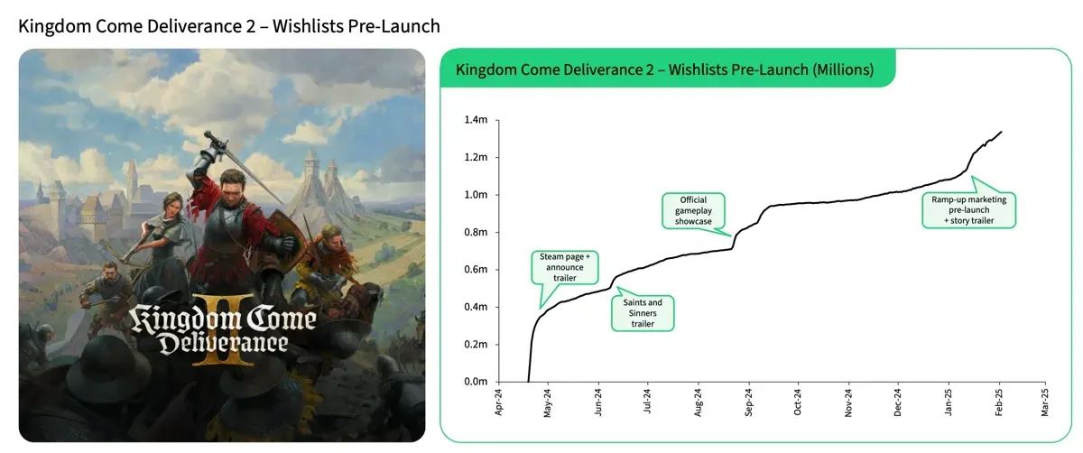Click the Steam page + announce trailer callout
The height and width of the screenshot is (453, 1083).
[563, 266]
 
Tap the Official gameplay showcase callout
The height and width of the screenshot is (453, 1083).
[694, 209]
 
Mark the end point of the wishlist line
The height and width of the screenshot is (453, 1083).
[1001, 132]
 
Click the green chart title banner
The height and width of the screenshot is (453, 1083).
[665, 69]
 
